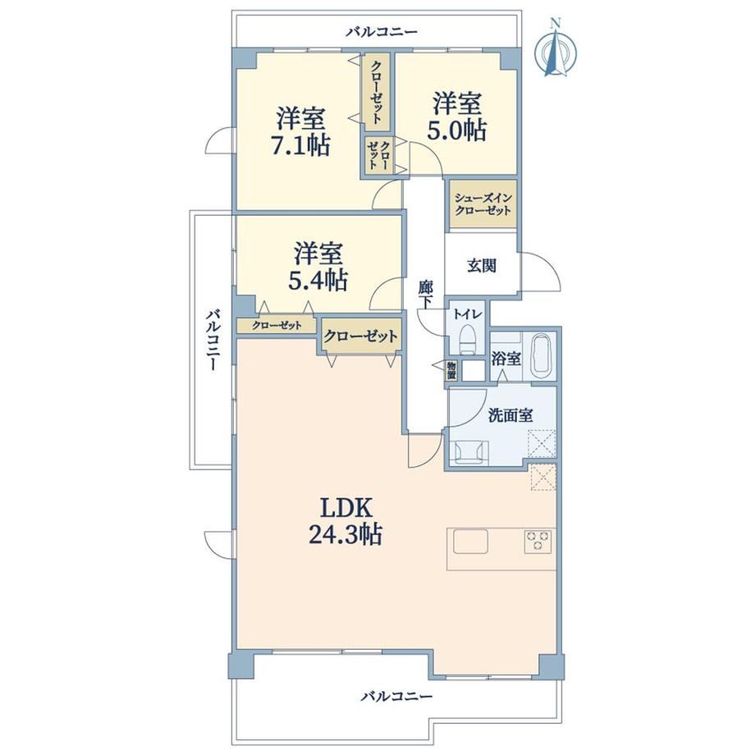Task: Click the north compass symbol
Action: tap(556, 48)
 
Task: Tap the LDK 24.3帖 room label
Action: tap(345, 521)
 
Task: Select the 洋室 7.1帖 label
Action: tap(301, 131)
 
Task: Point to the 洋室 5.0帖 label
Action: tap(457, 117)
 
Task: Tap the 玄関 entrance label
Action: tap(482, 266)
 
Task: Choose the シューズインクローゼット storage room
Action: tap(483, 204)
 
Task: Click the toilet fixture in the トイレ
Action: tap(466, 338)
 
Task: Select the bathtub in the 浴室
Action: tap(542, 355)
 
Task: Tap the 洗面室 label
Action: tap(510, 415)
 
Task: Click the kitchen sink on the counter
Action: tap(470, 542)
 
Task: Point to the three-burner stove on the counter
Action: tap(538, 542)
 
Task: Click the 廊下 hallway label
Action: tap(425, 294)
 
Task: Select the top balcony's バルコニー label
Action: tap(382, 32)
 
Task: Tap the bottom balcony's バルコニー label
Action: tap(396, 696)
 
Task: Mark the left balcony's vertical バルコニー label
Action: tap(213, 341)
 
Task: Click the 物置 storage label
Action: tap(451, 370)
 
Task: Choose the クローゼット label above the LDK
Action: tap(360, 336)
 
